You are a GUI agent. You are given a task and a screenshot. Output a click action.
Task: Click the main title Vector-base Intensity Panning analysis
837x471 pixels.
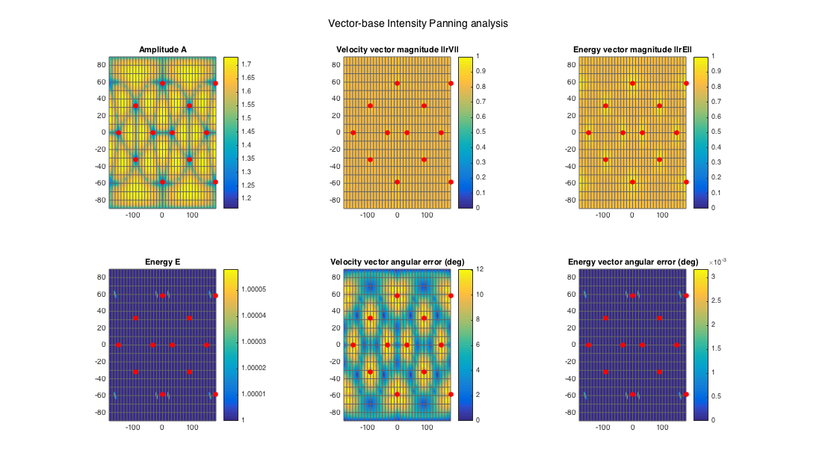point(418,23)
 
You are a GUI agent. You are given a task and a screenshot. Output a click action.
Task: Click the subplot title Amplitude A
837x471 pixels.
point(162,50)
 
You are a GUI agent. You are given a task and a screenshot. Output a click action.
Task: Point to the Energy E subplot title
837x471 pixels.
point(162,262)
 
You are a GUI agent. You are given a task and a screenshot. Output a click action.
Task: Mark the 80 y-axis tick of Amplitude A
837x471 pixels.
point(102,64)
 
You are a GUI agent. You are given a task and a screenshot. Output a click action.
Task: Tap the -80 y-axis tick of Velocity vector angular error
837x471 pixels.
point(335,412)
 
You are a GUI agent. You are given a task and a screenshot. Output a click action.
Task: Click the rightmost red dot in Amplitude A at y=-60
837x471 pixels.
point(215,182)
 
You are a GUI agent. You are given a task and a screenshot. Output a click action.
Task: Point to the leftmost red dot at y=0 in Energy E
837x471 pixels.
point(118,345)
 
